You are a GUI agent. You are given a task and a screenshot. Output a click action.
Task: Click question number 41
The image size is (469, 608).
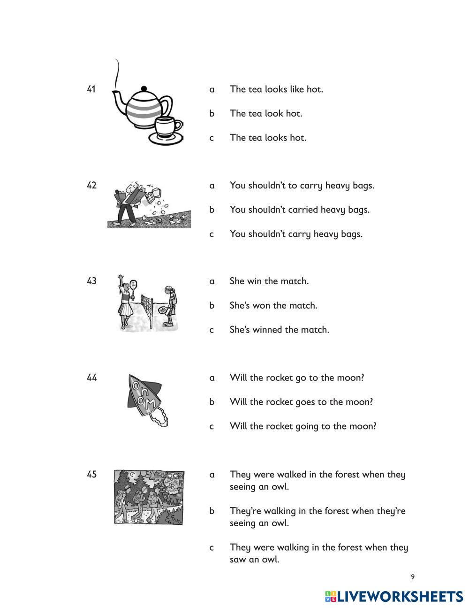[91, 89]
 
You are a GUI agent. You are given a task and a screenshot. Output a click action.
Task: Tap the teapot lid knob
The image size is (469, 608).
[144, 88]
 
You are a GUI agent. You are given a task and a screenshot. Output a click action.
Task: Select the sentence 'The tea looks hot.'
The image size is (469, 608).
[267, 138]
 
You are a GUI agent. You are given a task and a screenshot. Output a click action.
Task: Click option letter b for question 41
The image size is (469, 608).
[212, 113]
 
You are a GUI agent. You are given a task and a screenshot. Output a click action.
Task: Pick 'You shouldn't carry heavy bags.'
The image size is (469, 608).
[295, 234]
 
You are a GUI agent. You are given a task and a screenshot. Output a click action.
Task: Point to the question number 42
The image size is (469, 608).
[91, 185]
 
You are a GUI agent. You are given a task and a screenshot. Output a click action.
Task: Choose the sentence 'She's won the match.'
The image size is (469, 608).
[273, 305]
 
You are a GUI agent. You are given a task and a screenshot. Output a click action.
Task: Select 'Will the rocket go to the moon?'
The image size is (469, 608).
[296, 377]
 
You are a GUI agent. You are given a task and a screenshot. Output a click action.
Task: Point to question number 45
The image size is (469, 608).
[91, 474]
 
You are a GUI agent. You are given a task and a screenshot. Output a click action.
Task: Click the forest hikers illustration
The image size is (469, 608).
[149, 497]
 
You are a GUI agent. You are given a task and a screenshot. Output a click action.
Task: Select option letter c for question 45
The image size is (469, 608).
[212, 547]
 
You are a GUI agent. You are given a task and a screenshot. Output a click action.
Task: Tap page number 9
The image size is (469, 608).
[413, 577]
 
